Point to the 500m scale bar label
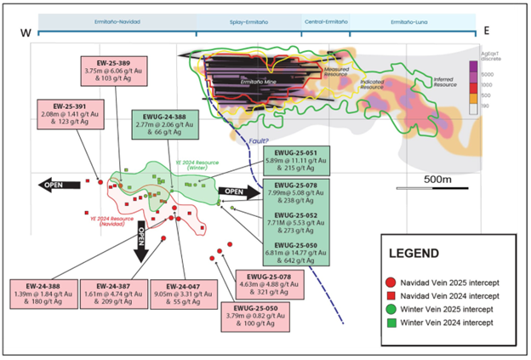(437, 180)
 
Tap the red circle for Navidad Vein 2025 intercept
(390, 281)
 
